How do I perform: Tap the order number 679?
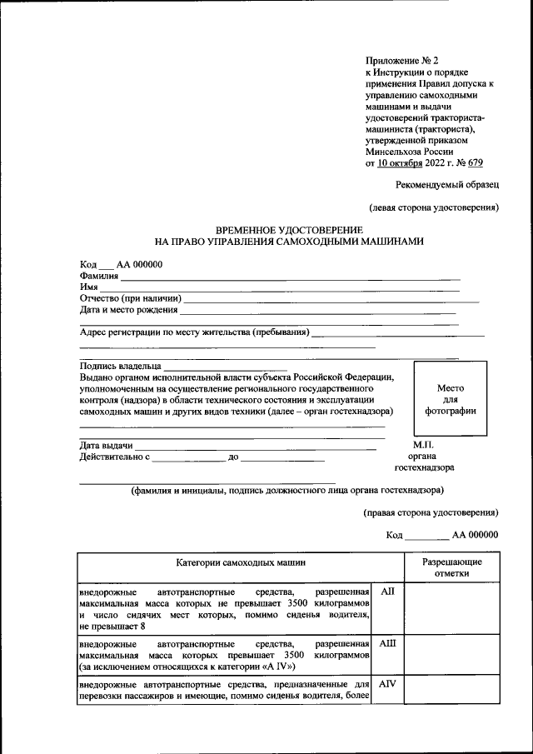(475, 163)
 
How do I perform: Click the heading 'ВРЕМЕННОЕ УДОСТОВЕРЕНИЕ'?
(288, 229)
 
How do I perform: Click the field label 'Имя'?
(89, 287)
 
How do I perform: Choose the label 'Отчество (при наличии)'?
(131, 298)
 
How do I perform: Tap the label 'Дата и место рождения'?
(129, 310)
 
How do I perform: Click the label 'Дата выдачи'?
(107, 446)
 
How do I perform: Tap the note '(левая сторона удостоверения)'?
(434, 207)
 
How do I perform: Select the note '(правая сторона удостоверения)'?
(431, 512)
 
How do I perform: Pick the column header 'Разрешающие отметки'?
(451, 567)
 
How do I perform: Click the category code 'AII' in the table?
(386, 591)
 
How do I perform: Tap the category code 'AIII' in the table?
(387, 644)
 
